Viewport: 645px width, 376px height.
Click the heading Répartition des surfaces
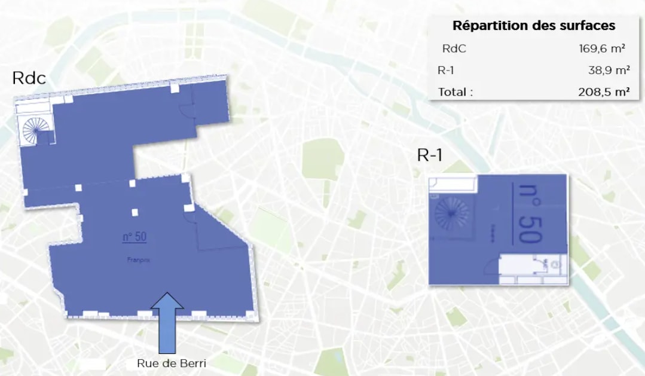point(534,26)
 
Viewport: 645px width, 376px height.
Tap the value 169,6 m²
point(604,49)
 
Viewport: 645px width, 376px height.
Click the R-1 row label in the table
point(446,71)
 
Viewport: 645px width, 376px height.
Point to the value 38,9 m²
point(609,71)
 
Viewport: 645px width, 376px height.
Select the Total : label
point(456,92)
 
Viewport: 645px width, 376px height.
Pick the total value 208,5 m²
point(604,92)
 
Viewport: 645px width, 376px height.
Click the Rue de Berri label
point(167,363)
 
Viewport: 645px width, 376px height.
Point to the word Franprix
point(137,260)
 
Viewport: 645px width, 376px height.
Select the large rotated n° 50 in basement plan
point(527,213)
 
